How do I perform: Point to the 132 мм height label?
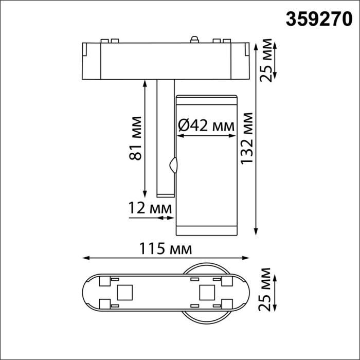point(248,145)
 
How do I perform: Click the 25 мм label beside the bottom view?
point(266,292)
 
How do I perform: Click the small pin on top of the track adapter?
point(195,39)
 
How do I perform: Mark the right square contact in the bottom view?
point(206,293)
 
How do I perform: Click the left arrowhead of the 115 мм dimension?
point(85,258)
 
